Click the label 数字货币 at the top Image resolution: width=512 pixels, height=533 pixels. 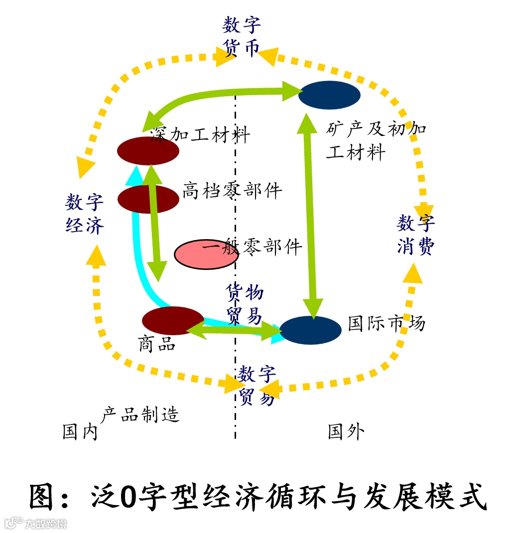[x=241, y=36]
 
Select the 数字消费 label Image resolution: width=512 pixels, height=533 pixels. [x=416, y=235]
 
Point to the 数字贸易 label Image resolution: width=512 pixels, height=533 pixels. [x=256, y=385]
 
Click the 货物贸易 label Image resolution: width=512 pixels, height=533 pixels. [x=245, y=304]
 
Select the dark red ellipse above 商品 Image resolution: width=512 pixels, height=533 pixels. [x=172, y=320]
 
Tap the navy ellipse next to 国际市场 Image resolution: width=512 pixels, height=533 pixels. [x=311, y=330]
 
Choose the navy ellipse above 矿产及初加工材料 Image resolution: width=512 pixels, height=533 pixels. [x=329, y=95]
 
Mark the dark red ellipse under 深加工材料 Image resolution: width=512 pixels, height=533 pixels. [x=148, y=150]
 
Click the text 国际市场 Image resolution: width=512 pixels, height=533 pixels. [x=386, y=323]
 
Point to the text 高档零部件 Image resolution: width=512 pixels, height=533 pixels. [x=232, y=190]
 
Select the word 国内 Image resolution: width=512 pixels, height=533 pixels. [x=80, y=432]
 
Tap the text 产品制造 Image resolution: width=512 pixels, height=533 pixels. [x=140, y=414]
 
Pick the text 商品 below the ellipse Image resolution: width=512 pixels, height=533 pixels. [x=157, y=344]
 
